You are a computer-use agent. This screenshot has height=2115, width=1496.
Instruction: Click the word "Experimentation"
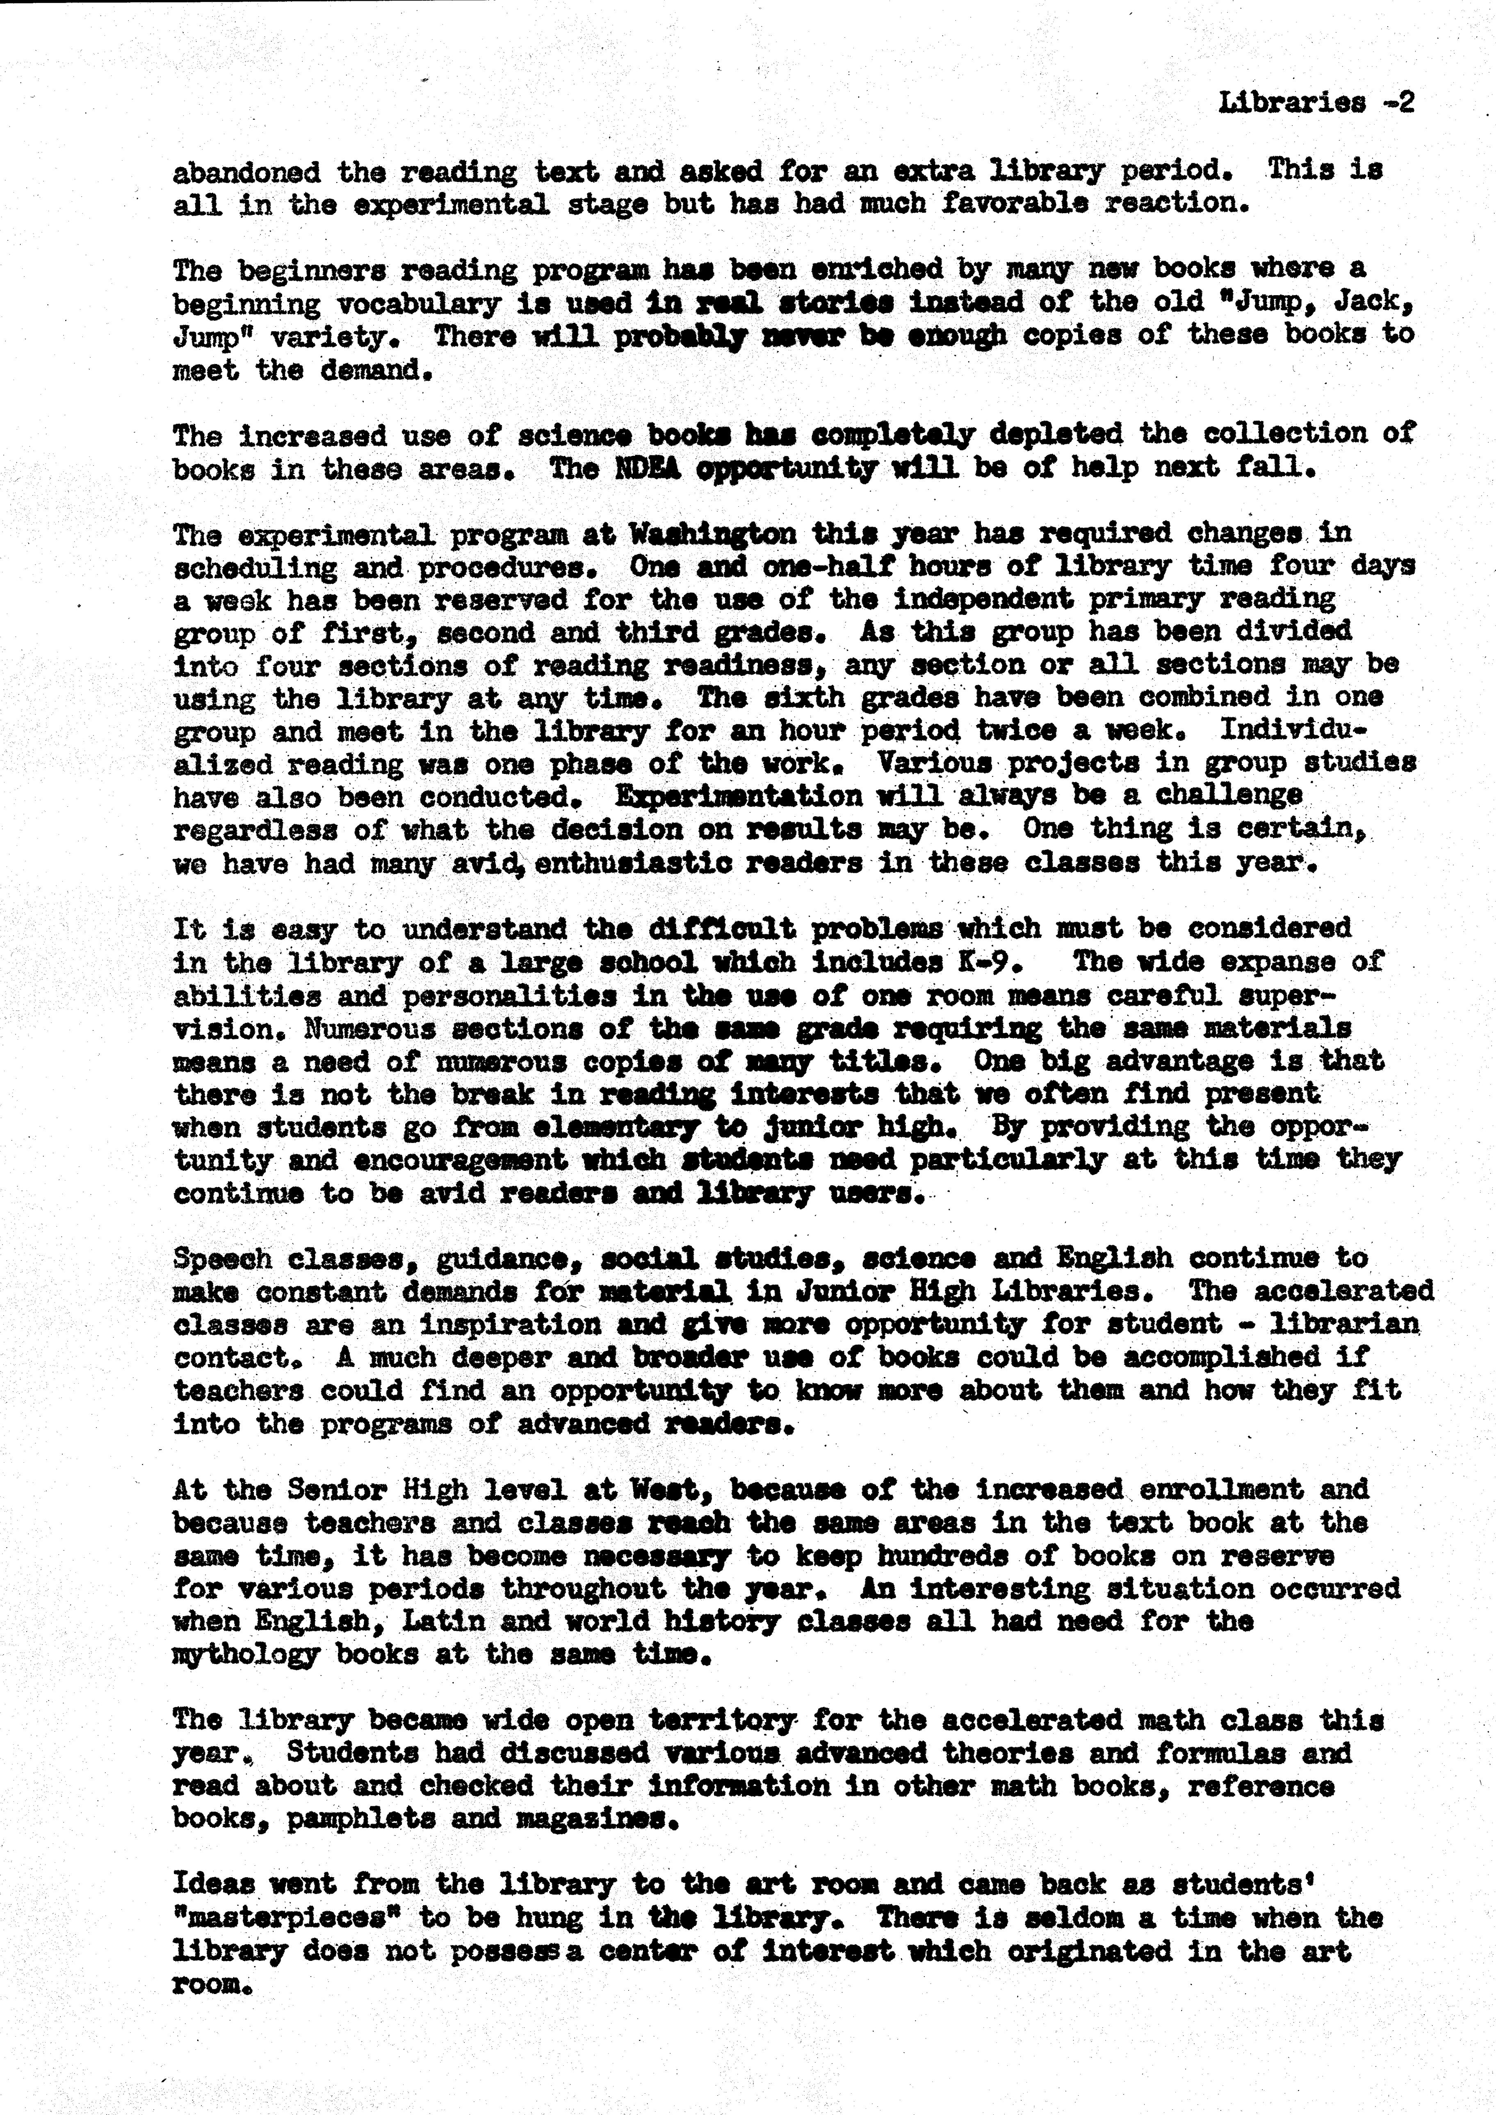click(x=739, y=796)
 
